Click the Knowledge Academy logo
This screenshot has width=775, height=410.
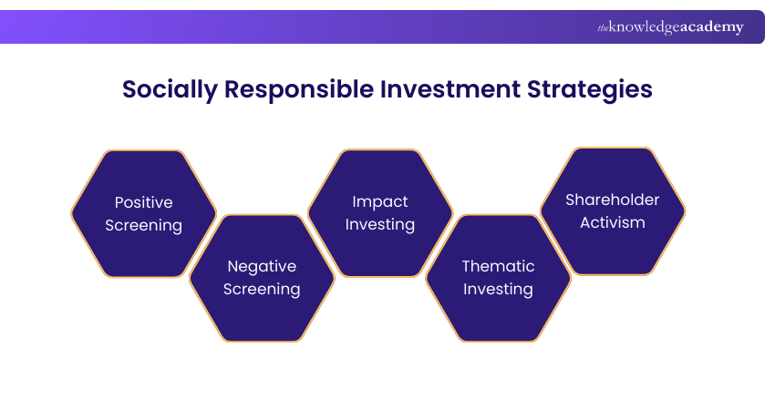point(670,27)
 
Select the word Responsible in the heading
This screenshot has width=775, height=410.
point(297,90)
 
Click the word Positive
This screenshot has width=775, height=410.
point(143,202)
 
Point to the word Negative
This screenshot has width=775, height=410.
point(262,267)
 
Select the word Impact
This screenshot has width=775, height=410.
point(380,201)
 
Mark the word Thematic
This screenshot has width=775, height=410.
point(498,267)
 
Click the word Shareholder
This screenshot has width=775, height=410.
point(612,200)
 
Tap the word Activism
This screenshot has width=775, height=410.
point(612,222)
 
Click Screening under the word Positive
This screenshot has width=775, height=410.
point(143,225)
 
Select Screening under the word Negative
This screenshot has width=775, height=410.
point(262,290)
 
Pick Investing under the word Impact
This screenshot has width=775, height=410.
point(380,224)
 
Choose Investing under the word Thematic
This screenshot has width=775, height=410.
point(498,290)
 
